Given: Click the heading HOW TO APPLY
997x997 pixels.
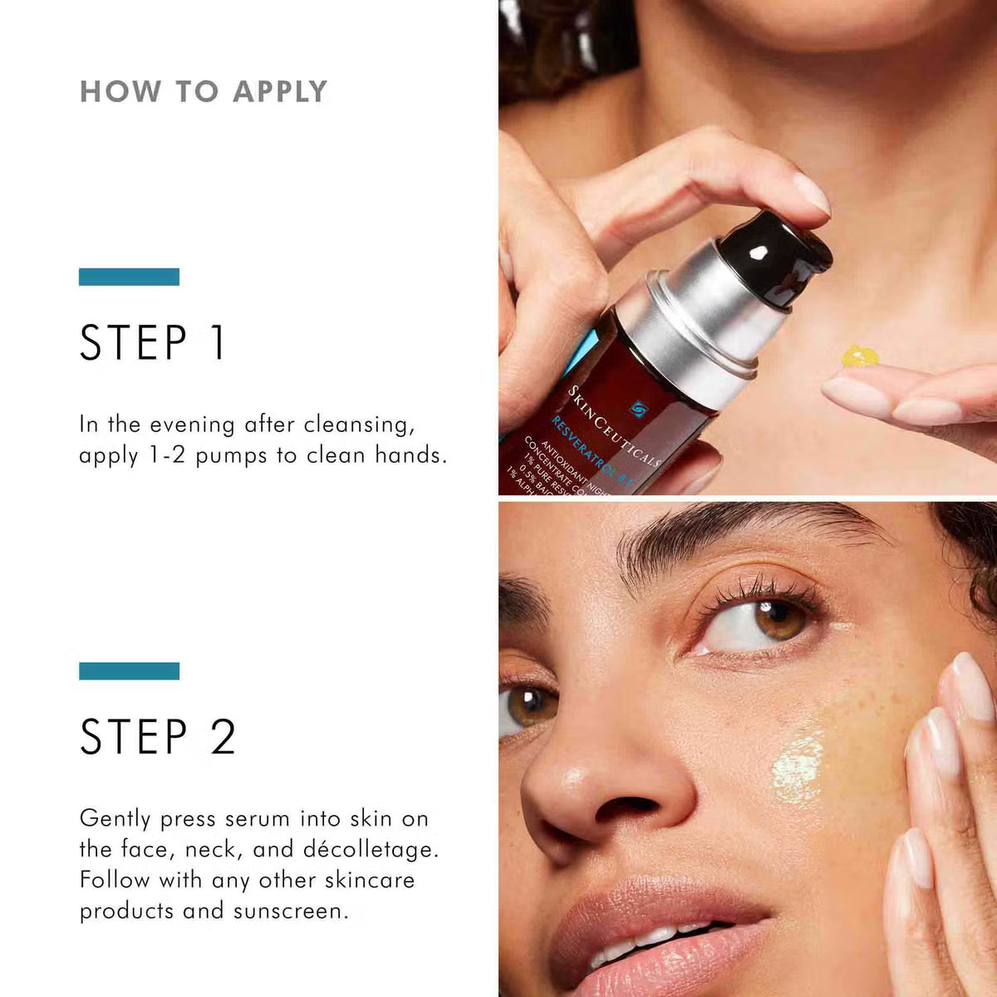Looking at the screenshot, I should coord(204,91).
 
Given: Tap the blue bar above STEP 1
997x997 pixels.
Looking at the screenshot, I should coord(129,277).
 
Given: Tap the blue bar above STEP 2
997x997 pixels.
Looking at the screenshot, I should coord(129,670).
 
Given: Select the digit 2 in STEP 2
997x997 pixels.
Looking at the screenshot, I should coord(223,737).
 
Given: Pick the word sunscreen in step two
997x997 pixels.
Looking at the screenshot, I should coord(290,911).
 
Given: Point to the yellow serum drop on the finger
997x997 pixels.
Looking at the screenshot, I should coord(859,356).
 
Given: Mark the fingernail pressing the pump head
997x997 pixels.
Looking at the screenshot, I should coord(810,193).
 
